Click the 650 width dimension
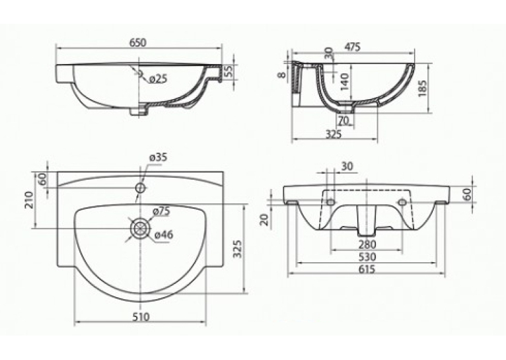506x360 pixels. [139, 42]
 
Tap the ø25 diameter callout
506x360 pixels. [157, 79]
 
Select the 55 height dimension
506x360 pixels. [229, 71]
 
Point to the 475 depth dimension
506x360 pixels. [352, 47]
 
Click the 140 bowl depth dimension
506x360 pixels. [345, 82]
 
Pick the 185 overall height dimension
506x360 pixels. [422, 88]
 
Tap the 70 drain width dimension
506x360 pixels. [344, 121]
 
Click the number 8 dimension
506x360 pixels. [282, 75]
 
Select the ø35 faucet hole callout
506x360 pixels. [158, 158]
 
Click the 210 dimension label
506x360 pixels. [28, 200]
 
